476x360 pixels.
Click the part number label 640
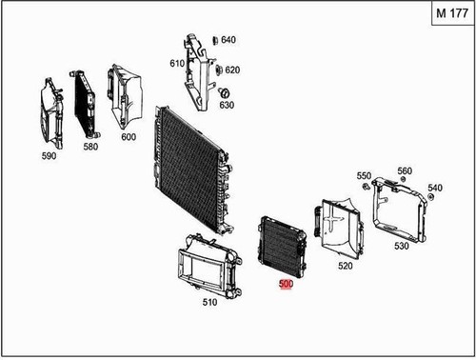(x=228, y=40)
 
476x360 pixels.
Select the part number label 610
(x=177, y=63)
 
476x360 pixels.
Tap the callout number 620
(x=232, y=70)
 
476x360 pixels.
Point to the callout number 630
(x=226, y=105)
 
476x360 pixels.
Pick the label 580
(x=91, y=147)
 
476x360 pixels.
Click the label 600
(x=129, y=136)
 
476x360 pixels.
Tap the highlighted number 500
(x=286, y=284)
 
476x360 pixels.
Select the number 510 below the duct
(x=210, y=303)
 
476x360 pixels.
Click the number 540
(x=435, y=188)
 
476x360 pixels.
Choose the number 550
(x=364, y=176)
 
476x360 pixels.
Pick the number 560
(x=405, y=171)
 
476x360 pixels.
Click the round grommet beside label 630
(x=226, y=93)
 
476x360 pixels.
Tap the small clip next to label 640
(x=214, y=40)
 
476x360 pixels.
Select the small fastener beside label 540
(x=426, y=197)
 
